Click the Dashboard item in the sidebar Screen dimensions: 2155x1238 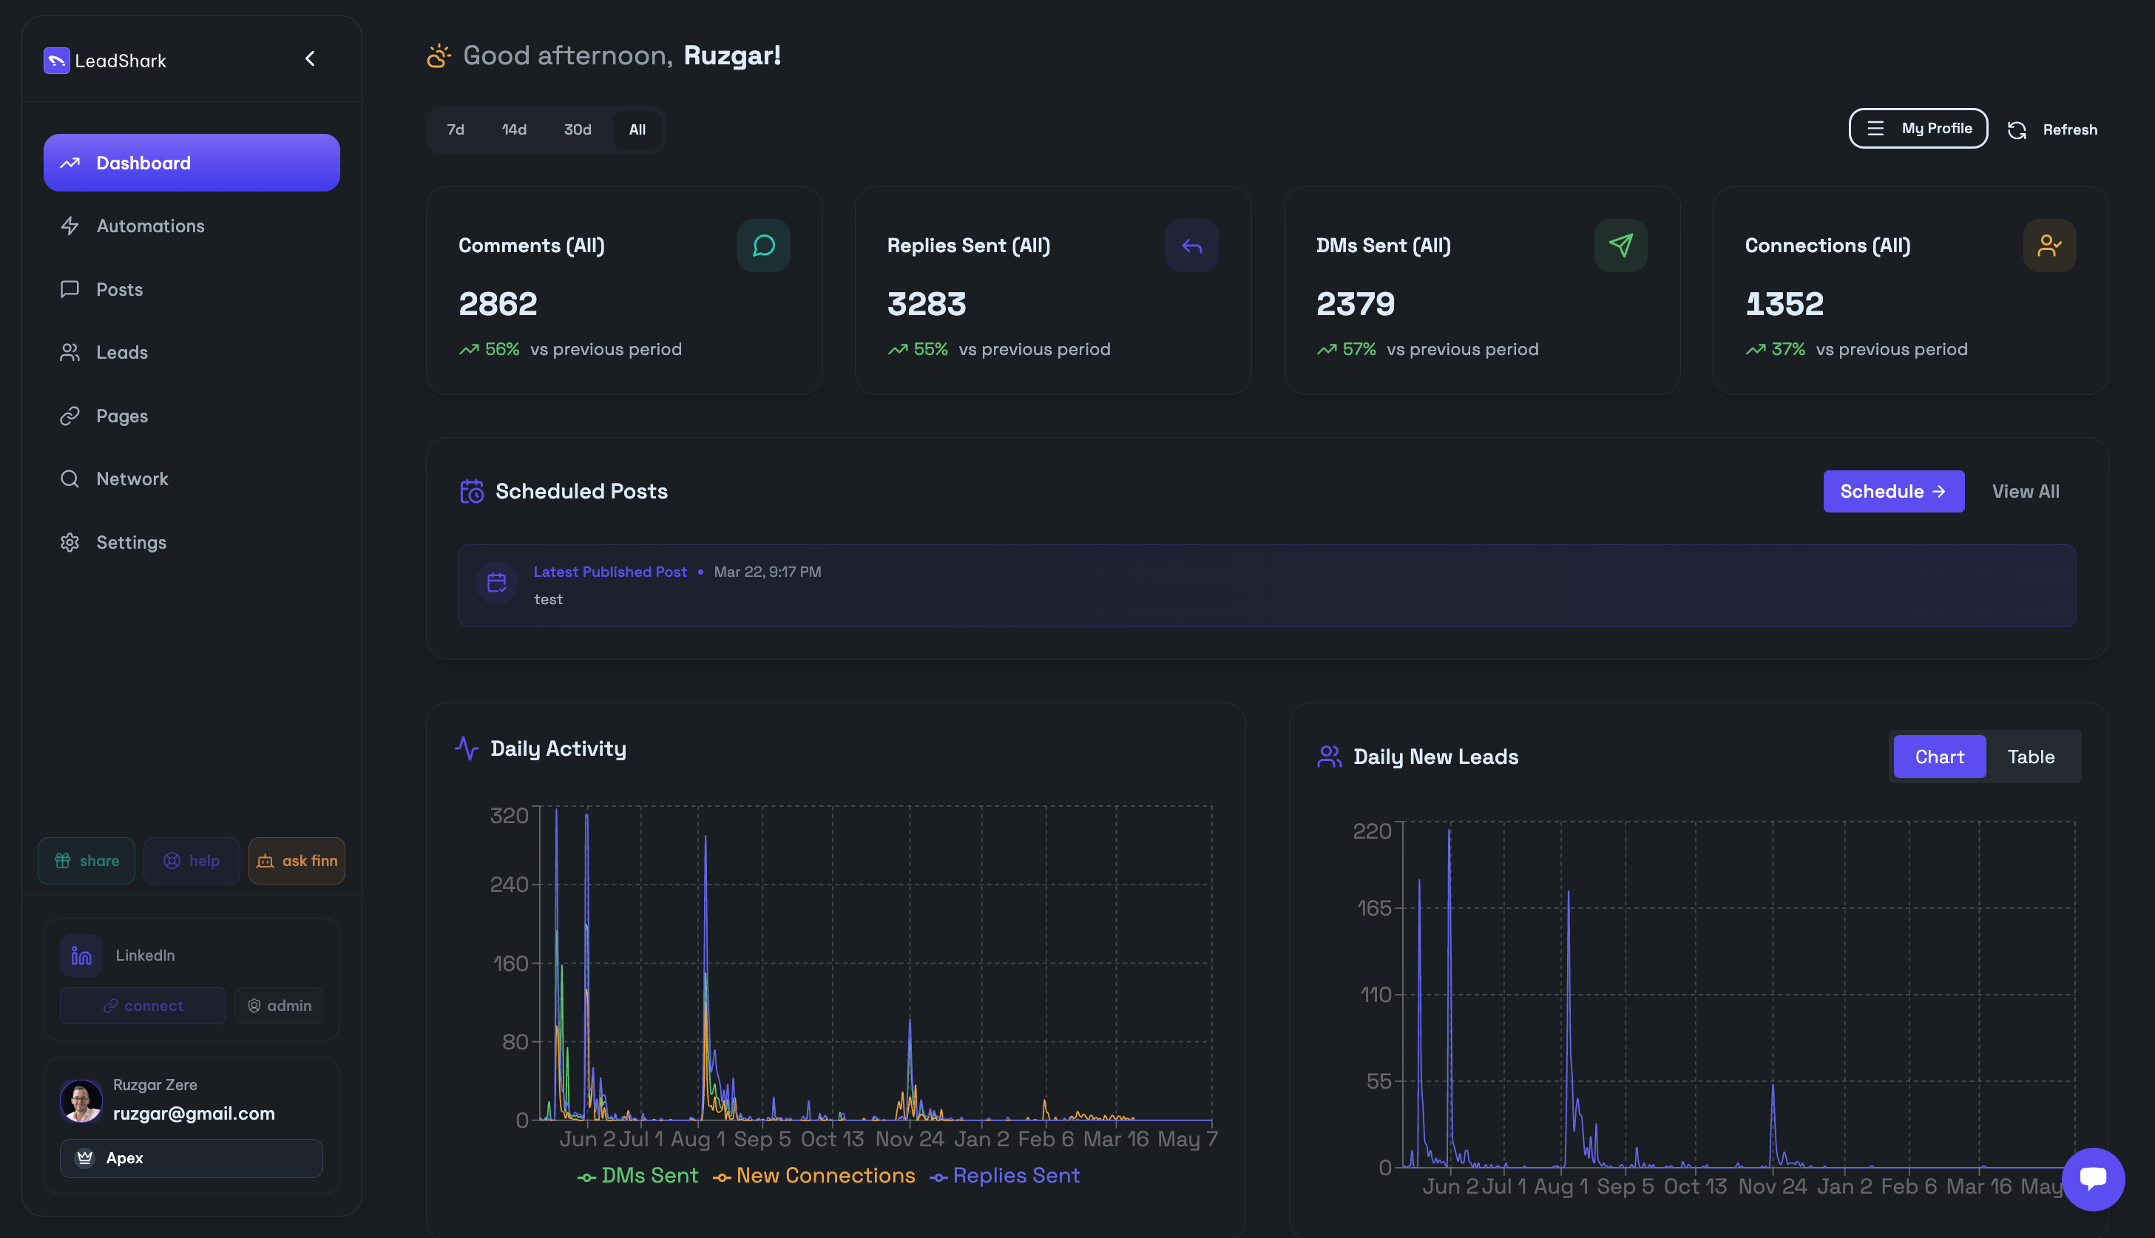tap(192, 163)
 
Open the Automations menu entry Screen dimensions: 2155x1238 tap(149, 226)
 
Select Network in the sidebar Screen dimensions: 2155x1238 tap(132, 478)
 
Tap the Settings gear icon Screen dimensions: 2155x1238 tap(70, 543)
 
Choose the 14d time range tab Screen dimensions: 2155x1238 tap(514, 129)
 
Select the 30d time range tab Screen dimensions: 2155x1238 tap(578, 129)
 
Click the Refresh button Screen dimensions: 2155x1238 tap(2052, 129)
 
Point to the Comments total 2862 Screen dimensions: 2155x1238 tap(498, 303)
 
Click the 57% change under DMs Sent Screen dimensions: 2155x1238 tap(1359, 350)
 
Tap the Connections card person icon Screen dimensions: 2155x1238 tap(2049, 246)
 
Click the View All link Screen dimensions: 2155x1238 tap(2025, 492)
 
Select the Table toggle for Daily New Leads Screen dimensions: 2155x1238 tap(2030, 757)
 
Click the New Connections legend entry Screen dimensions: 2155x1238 tap(814, 1176)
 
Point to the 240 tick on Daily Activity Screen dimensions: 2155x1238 tap(510, 885)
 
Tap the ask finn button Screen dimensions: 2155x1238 tap(297, 861)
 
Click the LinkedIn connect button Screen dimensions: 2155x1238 tap(143, 1006)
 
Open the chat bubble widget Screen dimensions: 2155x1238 tap(2093, 1179)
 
